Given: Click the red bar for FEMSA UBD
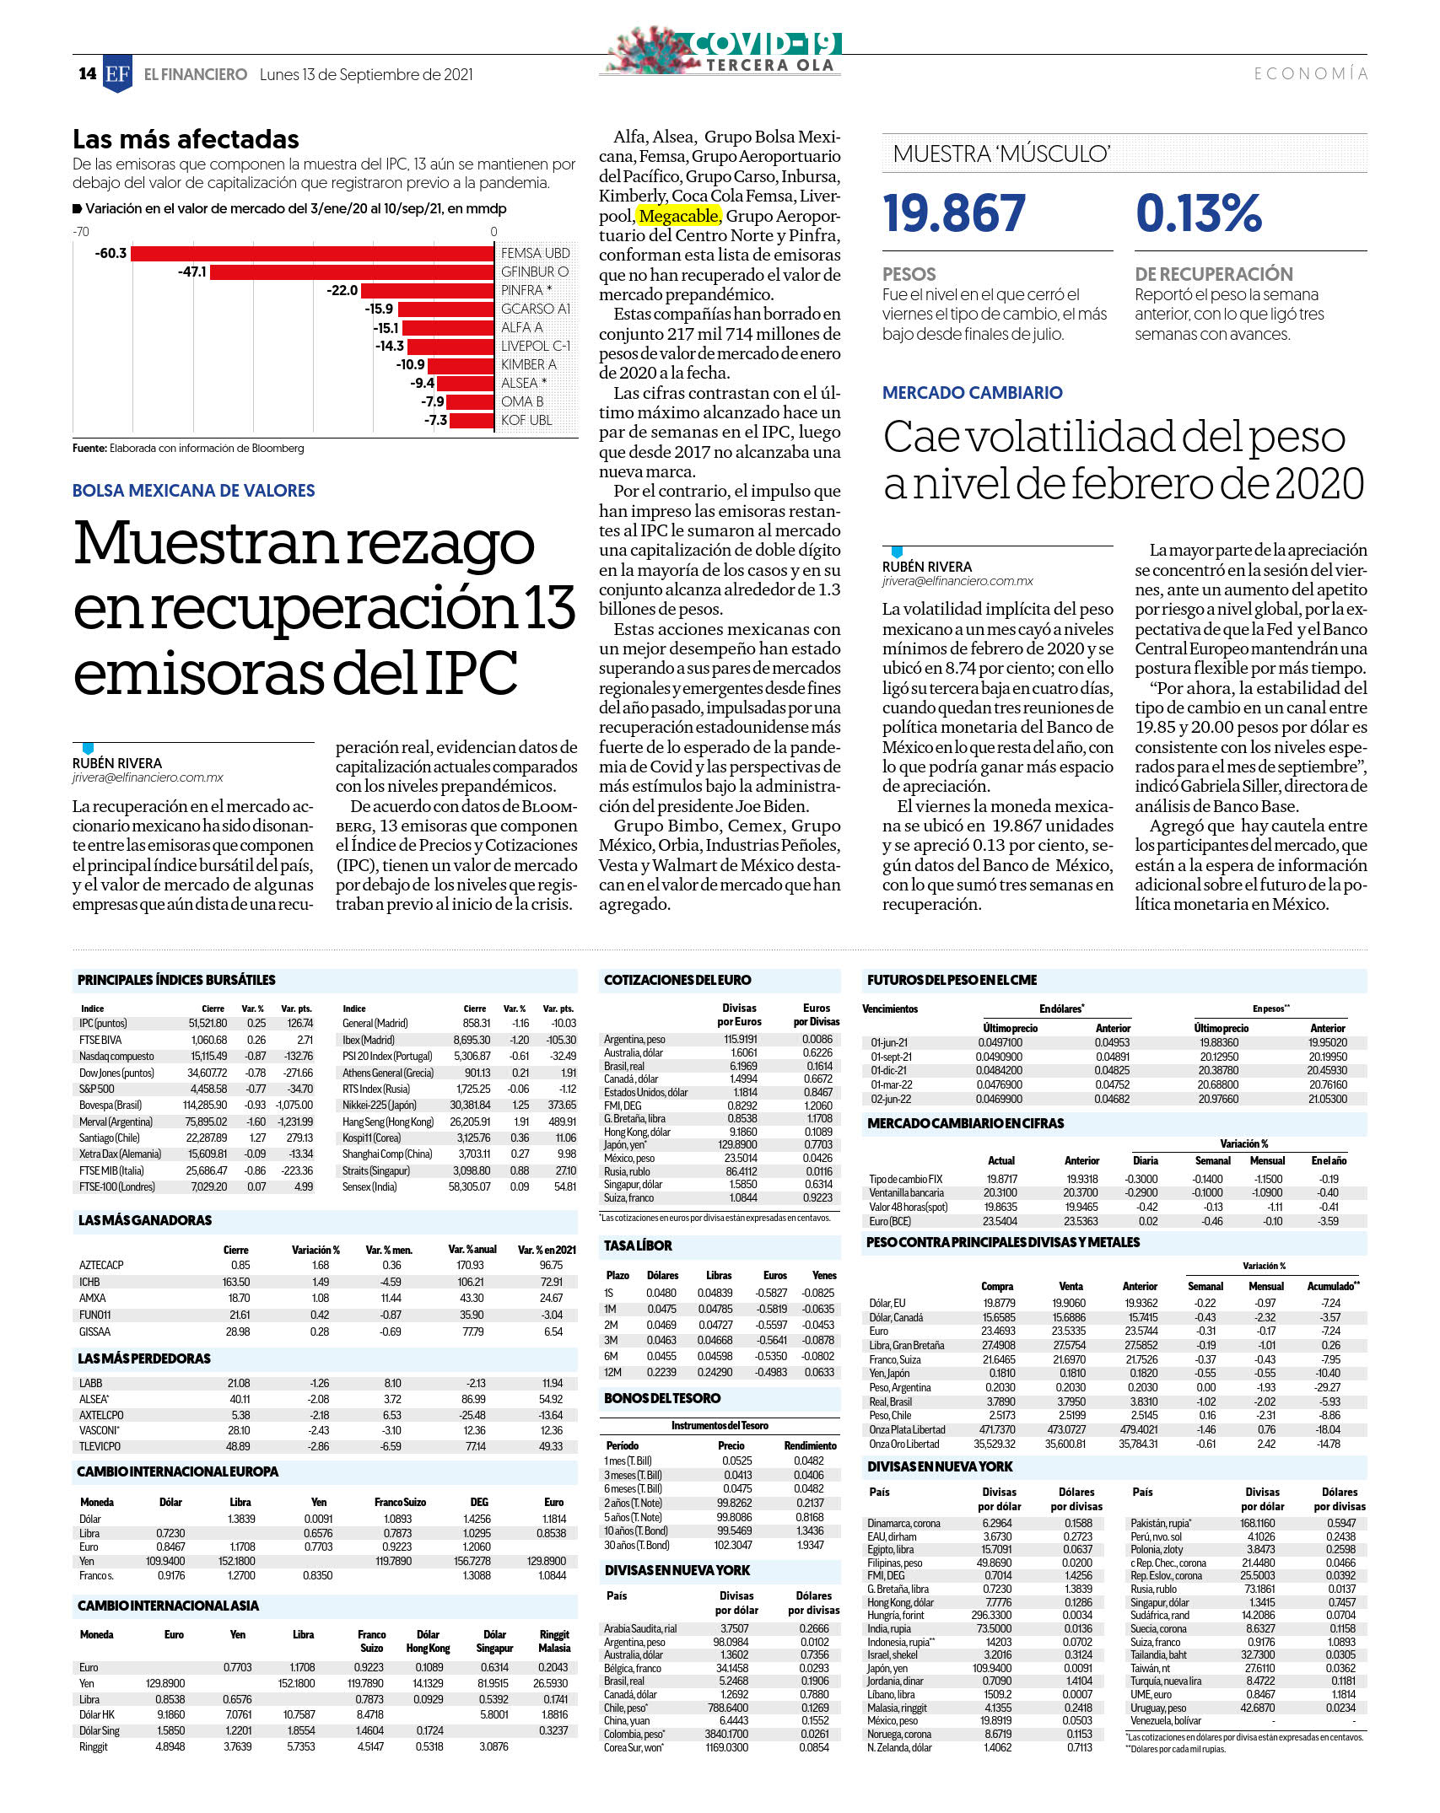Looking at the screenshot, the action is pyautogui.click(x=312, y=253).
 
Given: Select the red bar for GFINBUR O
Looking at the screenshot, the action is pyautogui.click(x=352, y=272).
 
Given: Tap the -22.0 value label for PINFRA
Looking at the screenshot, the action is pyautogui.click(x=342, y=290).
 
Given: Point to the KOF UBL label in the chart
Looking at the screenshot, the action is pyautogui.click(x=526, y=420).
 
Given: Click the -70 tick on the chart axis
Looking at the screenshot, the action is pyautogui.click(x=81, y=232).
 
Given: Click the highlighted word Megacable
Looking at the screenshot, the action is pyautogui.click(x=679, y=216).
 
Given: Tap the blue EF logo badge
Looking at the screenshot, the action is pyautogui.click(x=117, y=73).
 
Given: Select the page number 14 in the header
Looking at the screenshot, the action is pyautogui.click(x=88, y=73).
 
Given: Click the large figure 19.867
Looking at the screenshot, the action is pyautogui.click(x=954, y=213).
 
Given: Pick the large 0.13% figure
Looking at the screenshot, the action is pyautogui.click(x=1199, y=213).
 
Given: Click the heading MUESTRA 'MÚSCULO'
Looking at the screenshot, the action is pyautogui.click(x=1001, y=153).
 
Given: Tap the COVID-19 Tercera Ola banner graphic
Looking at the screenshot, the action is pyautogui.click(x=725, y=51).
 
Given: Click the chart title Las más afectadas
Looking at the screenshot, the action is pyautogui.click(x=186, y=138).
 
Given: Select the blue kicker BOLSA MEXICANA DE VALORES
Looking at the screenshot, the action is pyautogui.click(x=194, y=491).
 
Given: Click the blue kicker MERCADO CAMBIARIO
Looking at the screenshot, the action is pyautogui.click(x=973, y=392).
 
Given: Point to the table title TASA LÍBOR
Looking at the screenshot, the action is pyautogui.click(x=638, y=1245).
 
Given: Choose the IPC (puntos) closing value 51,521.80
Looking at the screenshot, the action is pyautogui.click(x=208, y=1023).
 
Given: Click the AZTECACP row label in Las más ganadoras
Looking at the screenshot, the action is pyautogui.click(x=101, y=1265).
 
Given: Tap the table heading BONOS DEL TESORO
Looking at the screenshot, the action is pyautogui.click(x=662, y=1398).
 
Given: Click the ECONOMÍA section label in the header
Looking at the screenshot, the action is pyautogui.click(x=1311, y=73).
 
